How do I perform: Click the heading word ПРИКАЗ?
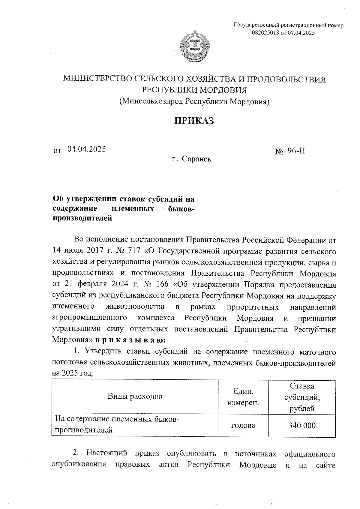[x=194, y=121]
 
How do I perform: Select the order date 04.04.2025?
[x=86, y=149]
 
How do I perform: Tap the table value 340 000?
[x=302, y=425]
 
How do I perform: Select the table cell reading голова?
[x=243, y=425]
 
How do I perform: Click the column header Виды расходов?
[x=135, y=397]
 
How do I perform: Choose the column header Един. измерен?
[x=243, y=397]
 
